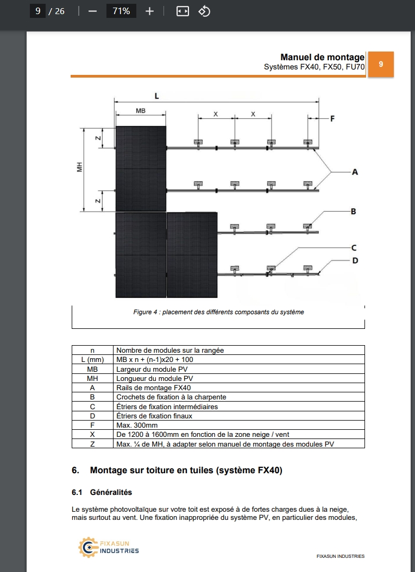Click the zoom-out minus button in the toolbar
pos(92,11)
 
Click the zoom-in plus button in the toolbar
pos(149,11)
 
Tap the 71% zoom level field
pos(121,11)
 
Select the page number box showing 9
pos(37,11)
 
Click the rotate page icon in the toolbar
pos(204,11)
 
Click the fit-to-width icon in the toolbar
pos(183,11)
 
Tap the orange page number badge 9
pos(381,64)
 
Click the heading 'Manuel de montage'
pos(322,57)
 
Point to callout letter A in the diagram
pos(355,171)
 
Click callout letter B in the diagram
pos(353,211)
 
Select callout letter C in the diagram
pos(353,247)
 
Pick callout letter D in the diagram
pos(355,260)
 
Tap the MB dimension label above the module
pos(140,111)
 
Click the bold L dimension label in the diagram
pos(157,96)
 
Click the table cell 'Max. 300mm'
pos(137,425)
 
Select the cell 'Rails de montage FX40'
pos(154,387)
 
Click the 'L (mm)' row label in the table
pos(92,359)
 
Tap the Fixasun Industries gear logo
pos(87,547)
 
